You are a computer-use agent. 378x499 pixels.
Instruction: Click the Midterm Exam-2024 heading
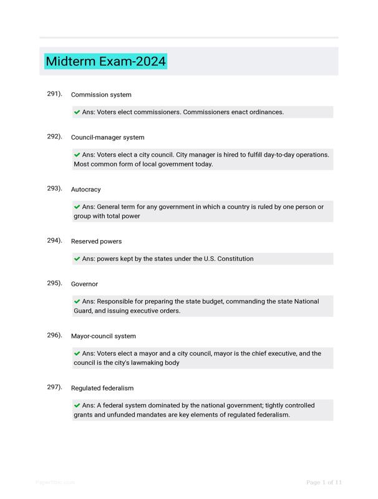click(x=105, y=61)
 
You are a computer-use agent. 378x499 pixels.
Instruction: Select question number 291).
click(x=54, y=94)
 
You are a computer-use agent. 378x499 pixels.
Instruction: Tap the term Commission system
click(x=101, y=95)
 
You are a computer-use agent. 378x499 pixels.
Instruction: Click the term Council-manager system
click(x=107, y=137)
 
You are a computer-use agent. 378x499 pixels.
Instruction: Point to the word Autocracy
click(x=85, y=190)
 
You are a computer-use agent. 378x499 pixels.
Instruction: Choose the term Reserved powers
click(x=96, y=241)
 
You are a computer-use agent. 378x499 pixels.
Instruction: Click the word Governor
click(x=84, y=284)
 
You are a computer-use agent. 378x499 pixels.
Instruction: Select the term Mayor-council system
click(x=103, y=336)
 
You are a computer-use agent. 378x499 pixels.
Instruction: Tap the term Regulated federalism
click(x=102, y=388)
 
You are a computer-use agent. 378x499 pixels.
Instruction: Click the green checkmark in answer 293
click(x=77, y=206)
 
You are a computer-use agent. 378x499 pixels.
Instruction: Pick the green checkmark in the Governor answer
click(x=77, y=301)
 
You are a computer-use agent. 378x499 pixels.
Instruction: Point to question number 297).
click(x=54, y=387)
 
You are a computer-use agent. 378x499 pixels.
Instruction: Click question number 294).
click(x=54, y=240)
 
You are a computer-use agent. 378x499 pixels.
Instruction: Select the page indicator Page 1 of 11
click(x=324, y=482)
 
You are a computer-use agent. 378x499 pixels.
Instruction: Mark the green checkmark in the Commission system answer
click(x=77, y=112)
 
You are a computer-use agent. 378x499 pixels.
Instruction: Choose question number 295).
click(x=54, y=283)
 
